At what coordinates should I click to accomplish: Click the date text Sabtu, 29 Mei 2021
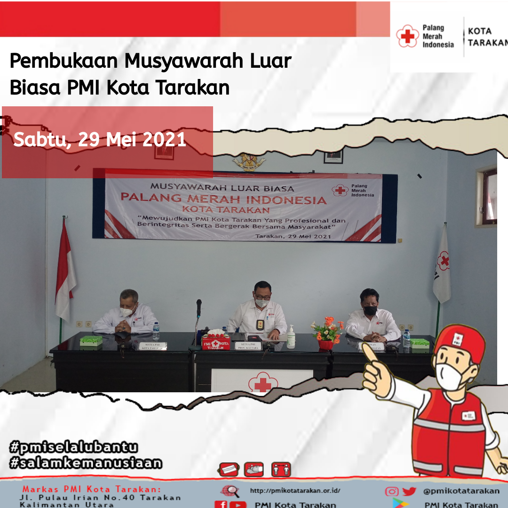click(100, 140)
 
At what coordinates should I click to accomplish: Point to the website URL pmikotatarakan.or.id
click(295, 491)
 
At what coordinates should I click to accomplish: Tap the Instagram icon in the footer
click(391, 491)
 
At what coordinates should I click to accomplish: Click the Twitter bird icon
click(409, 491)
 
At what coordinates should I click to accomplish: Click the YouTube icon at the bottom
click(238, 504)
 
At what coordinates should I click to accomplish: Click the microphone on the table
click(199, 307)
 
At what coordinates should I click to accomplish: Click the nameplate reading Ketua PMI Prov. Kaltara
click(249, 346)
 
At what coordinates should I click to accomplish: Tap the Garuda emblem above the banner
click(249, 161)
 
